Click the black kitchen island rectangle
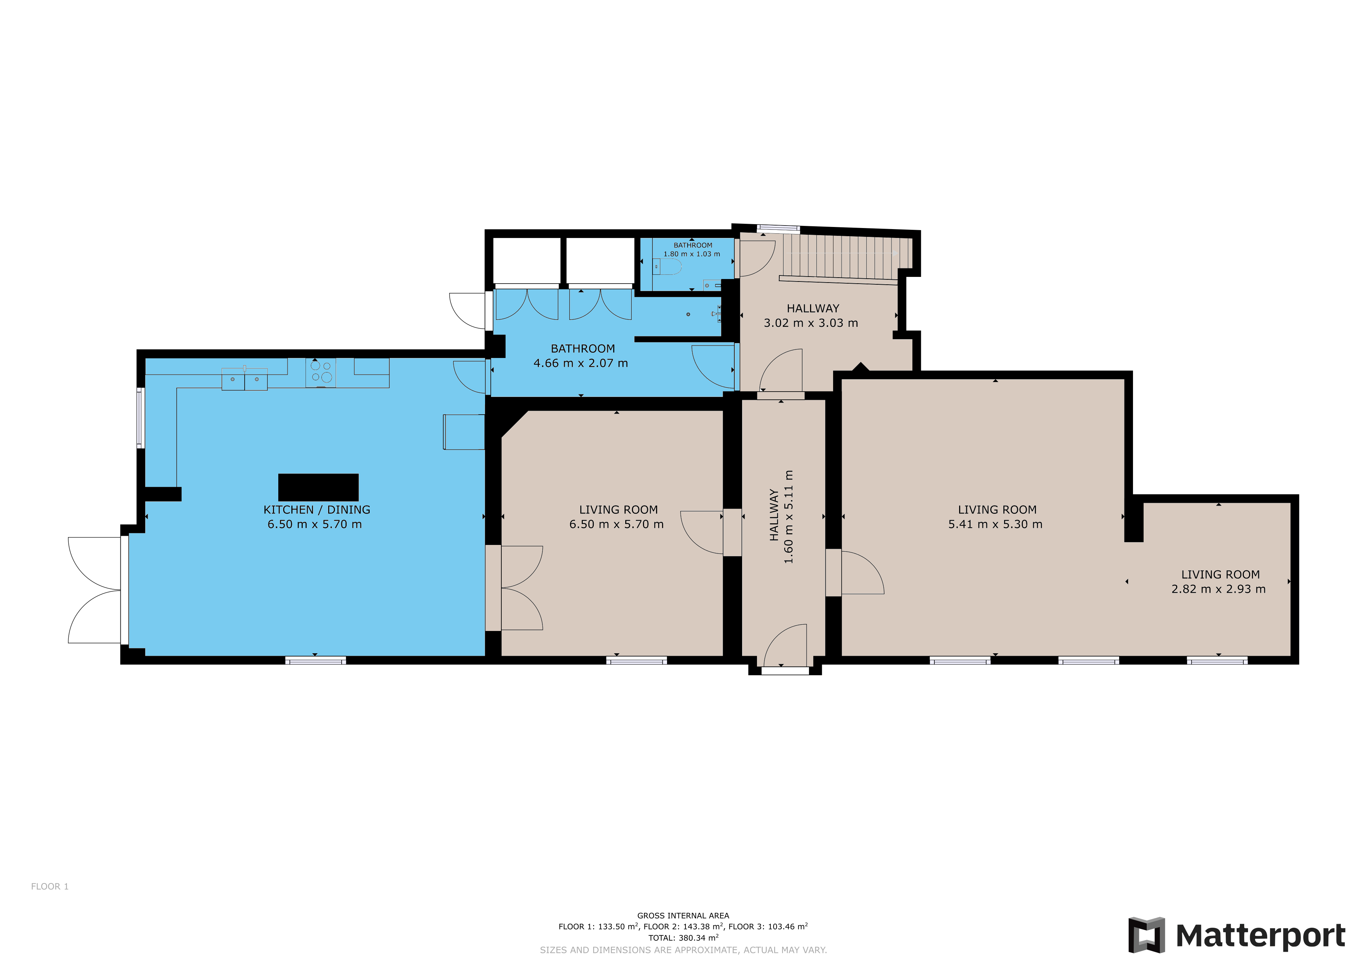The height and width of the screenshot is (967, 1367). coord(319,487)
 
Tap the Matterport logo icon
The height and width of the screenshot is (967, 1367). coord(1146,935)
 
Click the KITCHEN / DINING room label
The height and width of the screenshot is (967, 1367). coord(317,510)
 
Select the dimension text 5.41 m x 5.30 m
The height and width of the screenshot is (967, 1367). coord(996,524)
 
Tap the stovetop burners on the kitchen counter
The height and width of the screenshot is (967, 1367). coord(321,372)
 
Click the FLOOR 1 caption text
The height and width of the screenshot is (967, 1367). coord(50,887)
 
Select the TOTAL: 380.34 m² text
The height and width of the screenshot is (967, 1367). coord(683,938)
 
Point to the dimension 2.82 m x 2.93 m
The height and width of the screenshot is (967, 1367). coord(1219,589)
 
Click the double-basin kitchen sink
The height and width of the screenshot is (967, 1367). coord(245,379)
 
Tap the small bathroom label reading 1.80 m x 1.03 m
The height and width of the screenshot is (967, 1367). coord(692,254)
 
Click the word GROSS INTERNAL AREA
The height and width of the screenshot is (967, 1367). coord(683,916)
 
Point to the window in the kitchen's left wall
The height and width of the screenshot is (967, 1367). coord(141,418)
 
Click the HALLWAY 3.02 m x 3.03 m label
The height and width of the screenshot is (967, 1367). coord(811,315)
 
